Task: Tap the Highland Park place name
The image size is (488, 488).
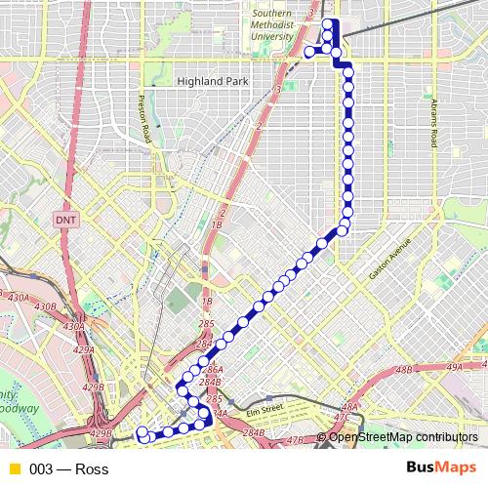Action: click(214, 82)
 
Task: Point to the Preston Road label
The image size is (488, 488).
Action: click(144, 115)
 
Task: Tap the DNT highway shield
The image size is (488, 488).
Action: click(65, 221)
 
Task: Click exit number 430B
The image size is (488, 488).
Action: click(45, 306)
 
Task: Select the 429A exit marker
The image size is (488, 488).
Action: click(84, 349)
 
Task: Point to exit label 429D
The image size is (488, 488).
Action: click(100, 433)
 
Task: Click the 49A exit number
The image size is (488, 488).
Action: click(453, 367)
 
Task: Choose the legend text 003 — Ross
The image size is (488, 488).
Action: click(69, 469)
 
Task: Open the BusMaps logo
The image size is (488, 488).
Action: click(441, 468)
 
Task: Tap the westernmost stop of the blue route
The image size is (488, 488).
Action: click(142, 431)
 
